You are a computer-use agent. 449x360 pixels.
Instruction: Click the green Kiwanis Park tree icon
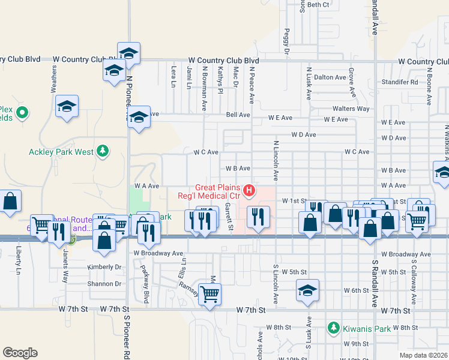tap(333, 328)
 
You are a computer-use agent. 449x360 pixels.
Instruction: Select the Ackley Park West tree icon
tap(103, 151)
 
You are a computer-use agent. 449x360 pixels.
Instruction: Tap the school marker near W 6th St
tap(307, 292)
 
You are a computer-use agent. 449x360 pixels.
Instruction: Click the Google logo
tap(20, 353)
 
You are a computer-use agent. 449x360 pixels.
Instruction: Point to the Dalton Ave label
tap(330, 77)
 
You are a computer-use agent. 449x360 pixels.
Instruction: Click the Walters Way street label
tap(351, 109)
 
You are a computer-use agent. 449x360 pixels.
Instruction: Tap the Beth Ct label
tap(318, 5)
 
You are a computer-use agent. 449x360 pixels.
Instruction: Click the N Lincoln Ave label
tap(276, 161)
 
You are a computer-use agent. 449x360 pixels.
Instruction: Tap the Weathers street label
tap(54, 79)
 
